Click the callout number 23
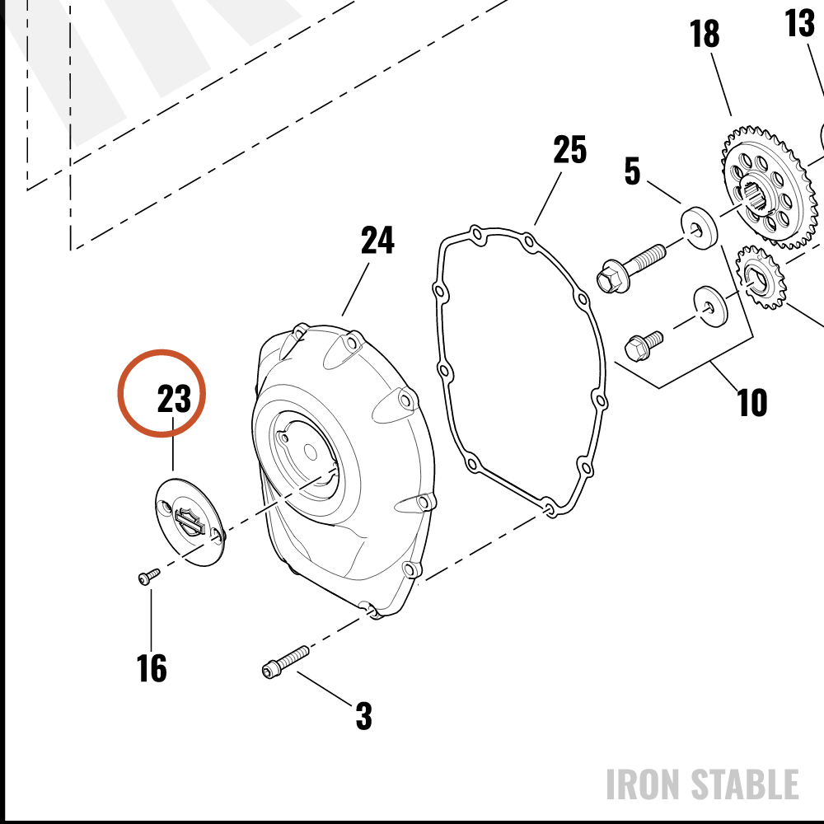174,398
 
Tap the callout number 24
377,240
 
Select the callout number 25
569,150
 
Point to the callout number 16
152,668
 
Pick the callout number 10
752,403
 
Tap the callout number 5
632,171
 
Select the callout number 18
705,34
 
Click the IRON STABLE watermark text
703,784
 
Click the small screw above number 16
148,576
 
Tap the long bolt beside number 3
285,662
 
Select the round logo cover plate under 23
190,522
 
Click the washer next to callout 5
700,228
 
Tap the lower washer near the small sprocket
711,306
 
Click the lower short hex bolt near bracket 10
644,345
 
